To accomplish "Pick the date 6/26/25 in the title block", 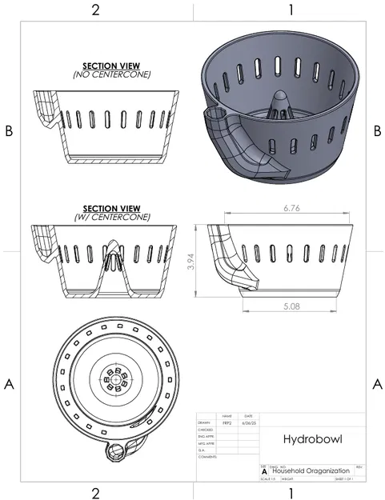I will pyautogui.click(x=247, y=423).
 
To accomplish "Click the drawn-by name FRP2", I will pyautogui.click(x=227, y=423).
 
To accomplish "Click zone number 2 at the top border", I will pyautogui.click(x=95, y=10).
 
